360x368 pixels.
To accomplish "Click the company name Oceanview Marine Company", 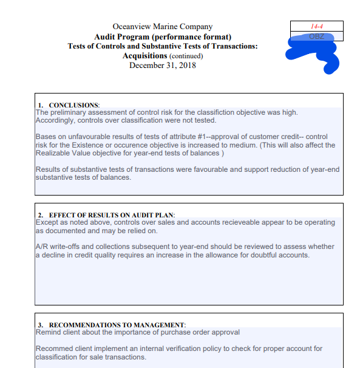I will coord(163,27).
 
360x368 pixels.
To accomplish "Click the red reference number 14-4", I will coord(316,27).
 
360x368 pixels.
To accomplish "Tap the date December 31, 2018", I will coord(163,66).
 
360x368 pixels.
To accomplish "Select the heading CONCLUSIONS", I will coord(73,105).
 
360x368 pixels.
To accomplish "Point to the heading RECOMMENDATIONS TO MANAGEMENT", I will coord(117,325).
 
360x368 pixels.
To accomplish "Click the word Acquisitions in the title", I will coord(144,56).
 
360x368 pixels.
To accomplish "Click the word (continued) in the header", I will coord(186,56).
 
